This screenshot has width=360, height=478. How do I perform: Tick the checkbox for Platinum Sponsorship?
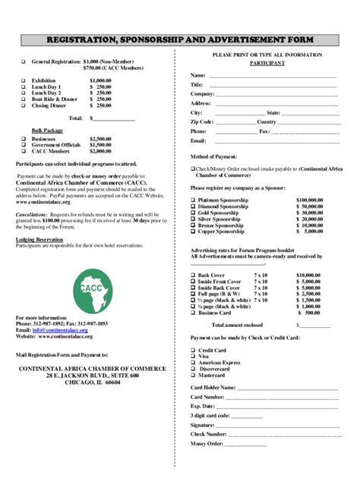click(193, 199)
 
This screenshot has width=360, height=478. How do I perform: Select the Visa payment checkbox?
click(193, 355)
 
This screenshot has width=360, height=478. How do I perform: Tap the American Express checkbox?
click(193, 362)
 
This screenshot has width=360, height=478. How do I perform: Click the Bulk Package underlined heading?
click(47, 131)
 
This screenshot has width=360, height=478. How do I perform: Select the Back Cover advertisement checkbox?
click(193, 275)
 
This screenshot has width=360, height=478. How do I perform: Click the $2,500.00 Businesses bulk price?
click(100, 140)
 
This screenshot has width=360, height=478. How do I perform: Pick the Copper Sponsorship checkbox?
click(193, 231)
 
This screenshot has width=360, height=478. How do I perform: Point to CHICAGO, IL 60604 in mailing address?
click(92, 382)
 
